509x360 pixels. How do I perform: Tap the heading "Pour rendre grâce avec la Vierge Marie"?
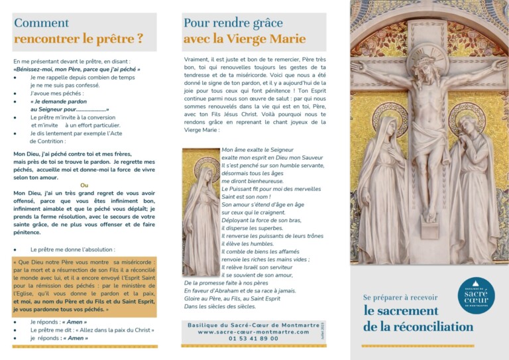(x=245, y=31)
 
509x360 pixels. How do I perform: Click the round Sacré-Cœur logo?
(x=476, y=295)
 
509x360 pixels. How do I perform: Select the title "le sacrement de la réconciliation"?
(x=418, y=318)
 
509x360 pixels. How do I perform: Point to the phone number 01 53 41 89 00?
(x=254, y=339)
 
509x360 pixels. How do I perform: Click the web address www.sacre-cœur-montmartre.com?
(x=254, y=331)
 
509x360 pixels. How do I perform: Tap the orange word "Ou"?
(x=84, y=185)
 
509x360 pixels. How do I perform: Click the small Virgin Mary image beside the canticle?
(x=201, y=212)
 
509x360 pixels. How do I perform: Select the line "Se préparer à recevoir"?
(x=400, y=297)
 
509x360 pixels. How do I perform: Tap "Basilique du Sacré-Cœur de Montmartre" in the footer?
(x=254, y=324)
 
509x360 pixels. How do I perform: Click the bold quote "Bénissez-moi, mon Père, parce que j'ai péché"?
(x=78, y=69)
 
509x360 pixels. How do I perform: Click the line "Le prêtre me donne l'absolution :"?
(x=72, y=250)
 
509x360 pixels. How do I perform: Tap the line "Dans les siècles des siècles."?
(x=219, y=306)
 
